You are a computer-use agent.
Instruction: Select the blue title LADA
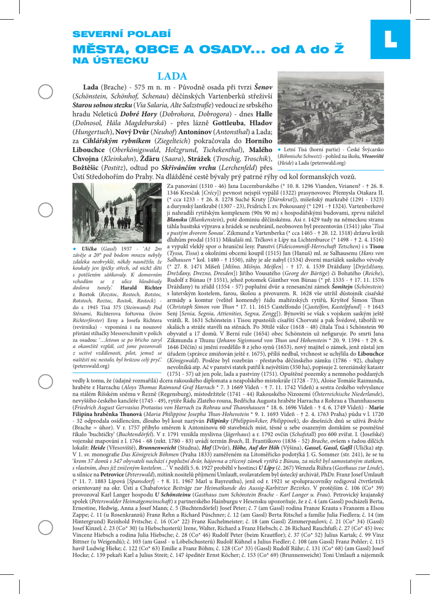[x=172, y=76]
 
